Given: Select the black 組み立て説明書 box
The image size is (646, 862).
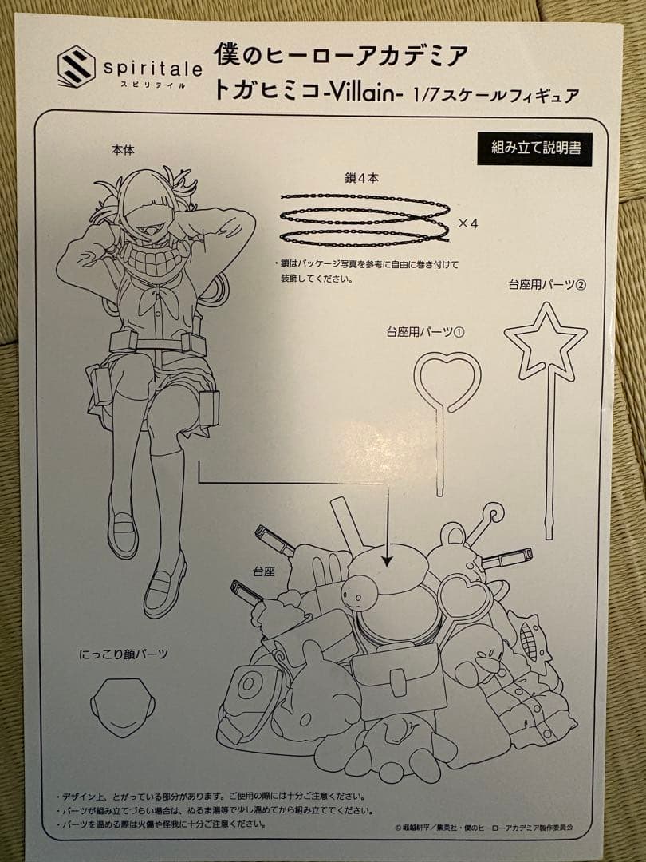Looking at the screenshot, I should point(534,149).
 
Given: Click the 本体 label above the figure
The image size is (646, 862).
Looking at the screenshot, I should point(124,150).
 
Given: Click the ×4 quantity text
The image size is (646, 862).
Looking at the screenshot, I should point(467,223).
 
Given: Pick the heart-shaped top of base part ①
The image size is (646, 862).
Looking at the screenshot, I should point(447,382).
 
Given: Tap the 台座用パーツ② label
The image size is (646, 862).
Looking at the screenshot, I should point(547,285).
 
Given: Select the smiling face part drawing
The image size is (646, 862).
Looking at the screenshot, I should point(122,706).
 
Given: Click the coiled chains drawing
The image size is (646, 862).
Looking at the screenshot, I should point(364,219).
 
